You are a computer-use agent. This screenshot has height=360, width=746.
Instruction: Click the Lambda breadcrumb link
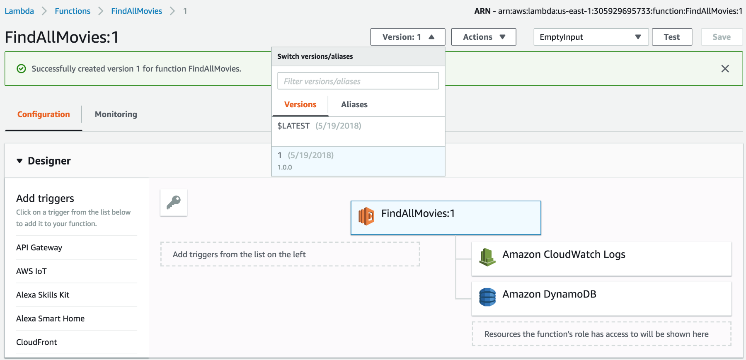coord(19,11)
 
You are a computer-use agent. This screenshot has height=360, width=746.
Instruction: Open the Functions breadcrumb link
coord(73,11)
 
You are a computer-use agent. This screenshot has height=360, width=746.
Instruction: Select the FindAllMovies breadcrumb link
coord(136,11)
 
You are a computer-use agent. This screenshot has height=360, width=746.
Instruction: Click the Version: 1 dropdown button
coord(408,37)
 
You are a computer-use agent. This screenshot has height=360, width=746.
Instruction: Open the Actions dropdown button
coord(484,37)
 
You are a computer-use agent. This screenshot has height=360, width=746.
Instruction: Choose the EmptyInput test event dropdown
coord(591,37)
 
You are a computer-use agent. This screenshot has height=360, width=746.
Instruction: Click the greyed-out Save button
coord(722,37)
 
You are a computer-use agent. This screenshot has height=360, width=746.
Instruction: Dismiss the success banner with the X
coord(725,69)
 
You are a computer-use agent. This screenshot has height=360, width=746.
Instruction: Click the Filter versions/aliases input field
coord(358,81)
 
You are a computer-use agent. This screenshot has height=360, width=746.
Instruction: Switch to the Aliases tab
coord(354,105)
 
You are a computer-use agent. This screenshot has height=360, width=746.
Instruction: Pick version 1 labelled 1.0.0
coord(358,161)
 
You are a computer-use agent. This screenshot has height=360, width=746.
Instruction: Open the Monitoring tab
coord(116,114)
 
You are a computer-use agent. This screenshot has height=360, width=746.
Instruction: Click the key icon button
coord(174,203)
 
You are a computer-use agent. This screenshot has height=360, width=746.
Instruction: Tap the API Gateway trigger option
coord(39,248)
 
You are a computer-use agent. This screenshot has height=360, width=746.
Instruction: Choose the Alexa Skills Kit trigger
coord(43,295)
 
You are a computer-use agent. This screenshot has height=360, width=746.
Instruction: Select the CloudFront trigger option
coord(36,342)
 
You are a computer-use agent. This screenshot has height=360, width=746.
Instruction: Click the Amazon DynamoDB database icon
coord(487,297)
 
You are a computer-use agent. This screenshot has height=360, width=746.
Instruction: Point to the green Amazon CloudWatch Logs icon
coord(487,257)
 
